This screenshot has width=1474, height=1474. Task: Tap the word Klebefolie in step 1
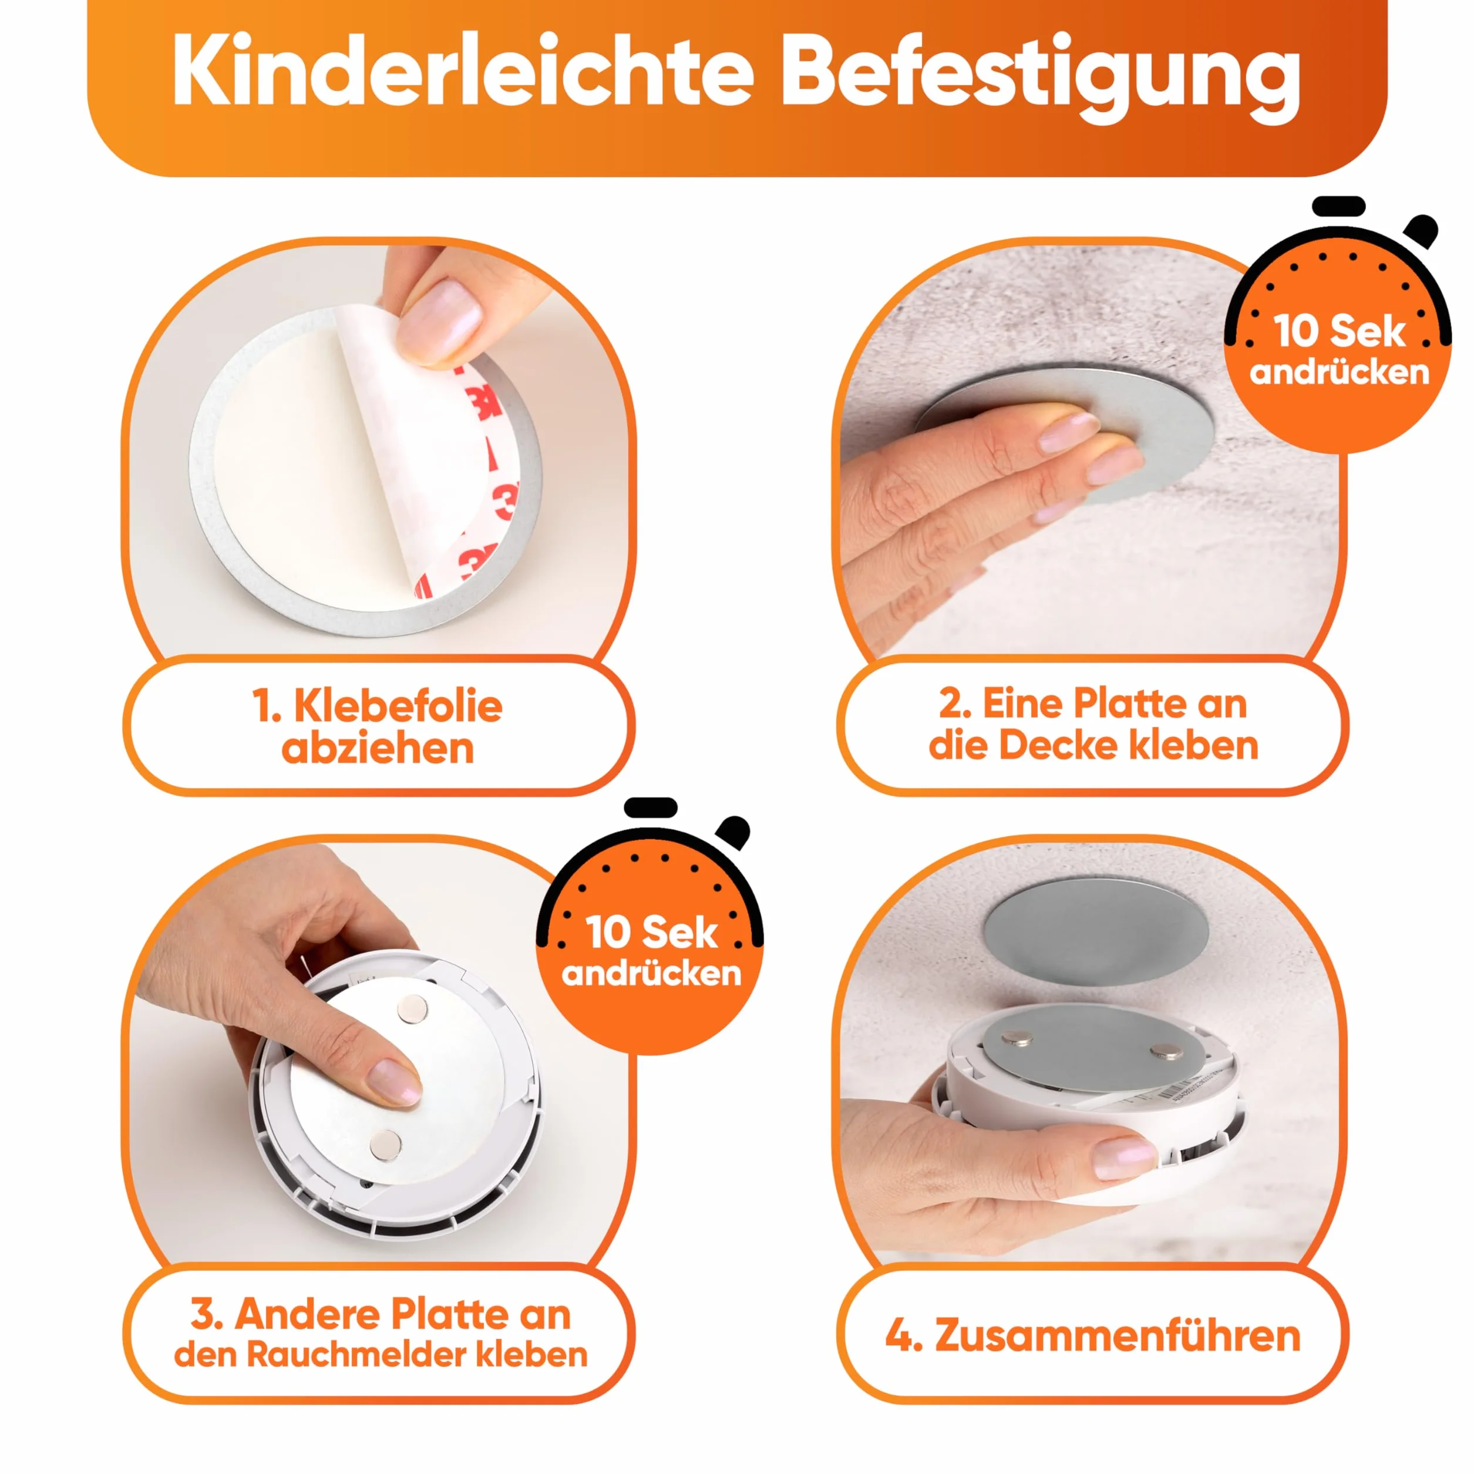click(398, 706)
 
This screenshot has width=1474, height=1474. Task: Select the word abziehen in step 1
click(378, 749)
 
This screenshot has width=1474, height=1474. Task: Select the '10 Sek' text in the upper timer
click(1339, 331)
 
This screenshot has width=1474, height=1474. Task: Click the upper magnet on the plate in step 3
click(413, 1010)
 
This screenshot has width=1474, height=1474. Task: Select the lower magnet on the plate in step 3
click(386, 1145)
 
